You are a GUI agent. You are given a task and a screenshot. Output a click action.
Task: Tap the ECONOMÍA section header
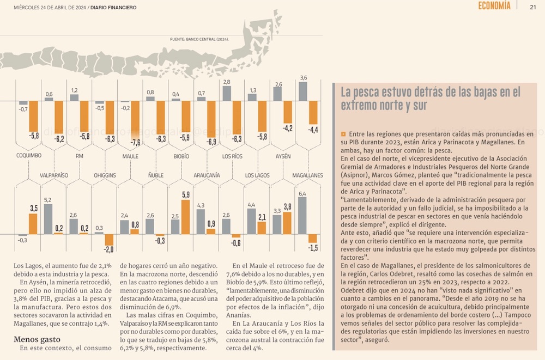pos(494,6)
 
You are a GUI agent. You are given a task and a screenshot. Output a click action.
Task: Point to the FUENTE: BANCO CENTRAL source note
pos(199,40)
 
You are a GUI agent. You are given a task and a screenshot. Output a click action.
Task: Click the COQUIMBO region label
pos(29,156)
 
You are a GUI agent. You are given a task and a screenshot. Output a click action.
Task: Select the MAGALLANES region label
pos(307,175)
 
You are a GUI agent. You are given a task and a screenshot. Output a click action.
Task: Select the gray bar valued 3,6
pos(303,91)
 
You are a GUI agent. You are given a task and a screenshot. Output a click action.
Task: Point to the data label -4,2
pos(287,128)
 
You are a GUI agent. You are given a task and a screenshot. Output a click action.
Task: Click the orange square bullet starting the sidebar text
pos(343,133)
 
